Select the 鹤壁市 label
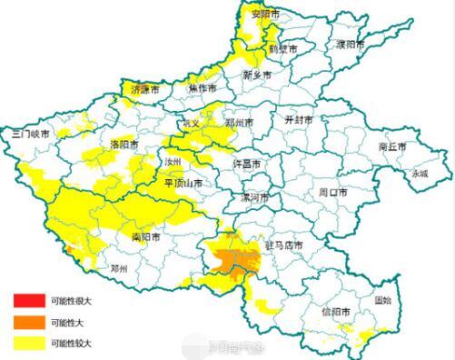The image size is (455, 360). click(282, 49)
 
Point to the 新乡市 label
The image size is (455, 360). click(259, 75)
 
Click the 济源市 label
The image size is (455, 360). click(145, 91)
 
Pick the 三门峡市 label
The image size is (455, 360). click(30, 133)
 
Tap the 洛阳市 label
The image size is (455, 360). click(124, 144)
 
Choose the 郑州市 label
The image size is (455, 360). click(240, 121)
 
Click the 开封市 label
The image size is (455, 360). click(299, 119)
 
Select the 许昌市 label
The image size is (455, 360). click(248, 164)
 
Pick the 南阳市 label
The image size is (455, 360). click(145, 236)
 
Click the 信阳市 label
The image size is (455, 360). click(336, 312)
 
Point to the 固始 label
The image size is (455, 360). click(383, 299)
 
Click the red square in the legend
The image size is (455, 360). click(27, 300)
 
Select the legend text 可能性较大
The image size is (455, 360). click(73, 343)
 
